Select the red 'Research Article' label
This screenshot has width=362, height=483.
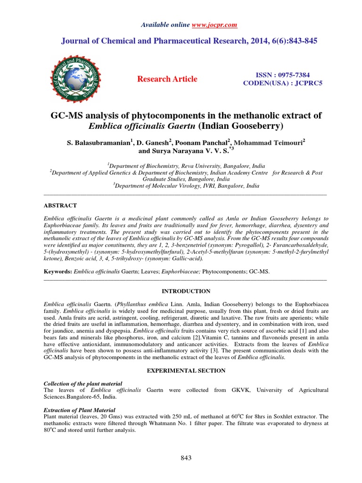pos(167,79)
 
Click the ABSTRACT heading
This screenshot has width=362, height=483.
pos(60,206)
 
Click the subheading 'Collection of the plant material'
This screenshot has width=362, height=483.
pos(82,383)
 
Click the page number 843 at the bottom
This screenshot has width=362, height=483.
pos(186,458)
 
